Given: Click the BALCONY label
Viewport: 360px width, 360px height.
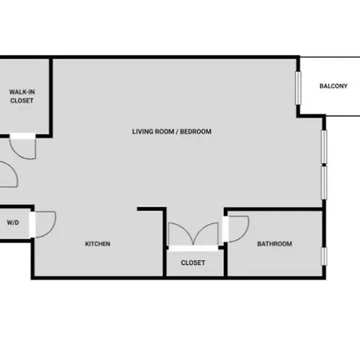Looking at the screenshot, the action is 334,86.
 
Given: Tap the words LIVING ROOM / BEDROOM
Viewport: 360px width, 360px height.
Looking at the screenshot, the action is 172,131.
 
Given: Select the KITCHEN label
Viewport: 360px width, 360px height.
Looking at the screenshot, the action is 98,244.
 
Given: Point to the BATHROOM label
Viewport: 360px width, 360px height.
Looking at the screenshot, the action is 274,244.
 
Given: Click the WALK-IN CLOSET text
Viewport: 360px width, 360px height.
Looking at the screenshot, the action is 22,96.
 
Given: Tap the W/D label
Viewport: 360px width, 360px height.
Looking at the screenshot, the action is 13,222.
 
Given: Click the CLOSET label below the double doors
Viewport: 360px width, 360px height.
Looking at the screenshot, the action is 193,263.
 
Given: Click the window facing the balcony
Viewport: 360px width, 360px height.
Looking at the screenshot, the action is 298,88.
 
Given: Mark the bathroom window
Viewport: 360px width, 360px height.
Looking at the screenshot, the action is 324,256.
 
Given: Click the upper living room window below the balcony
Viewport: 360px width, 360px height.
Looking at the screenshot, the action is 324,146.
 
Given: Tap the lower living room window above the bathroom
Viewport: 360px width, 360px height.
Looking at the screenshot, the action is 324,182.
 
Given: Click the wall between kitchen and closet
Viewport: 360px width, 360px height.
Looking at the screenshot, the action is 165,243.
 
